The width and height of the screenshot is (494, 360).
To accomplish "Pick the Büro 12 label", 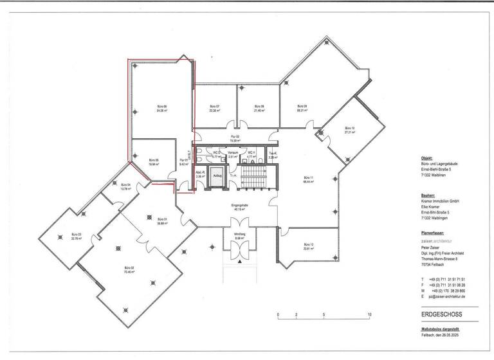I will pyautogui.click(x=307, y=246).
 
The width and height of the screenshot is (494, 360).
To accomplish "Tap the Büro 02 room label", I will pyautogui.click(x=128, y=269).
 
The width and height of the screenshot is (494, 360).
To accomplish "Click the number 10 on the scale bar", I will pyautogui.click(x=370, y=314).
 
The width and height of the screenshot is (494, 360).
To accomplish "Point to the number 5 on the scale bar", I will pyautogui.click(x=324, y=314).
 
